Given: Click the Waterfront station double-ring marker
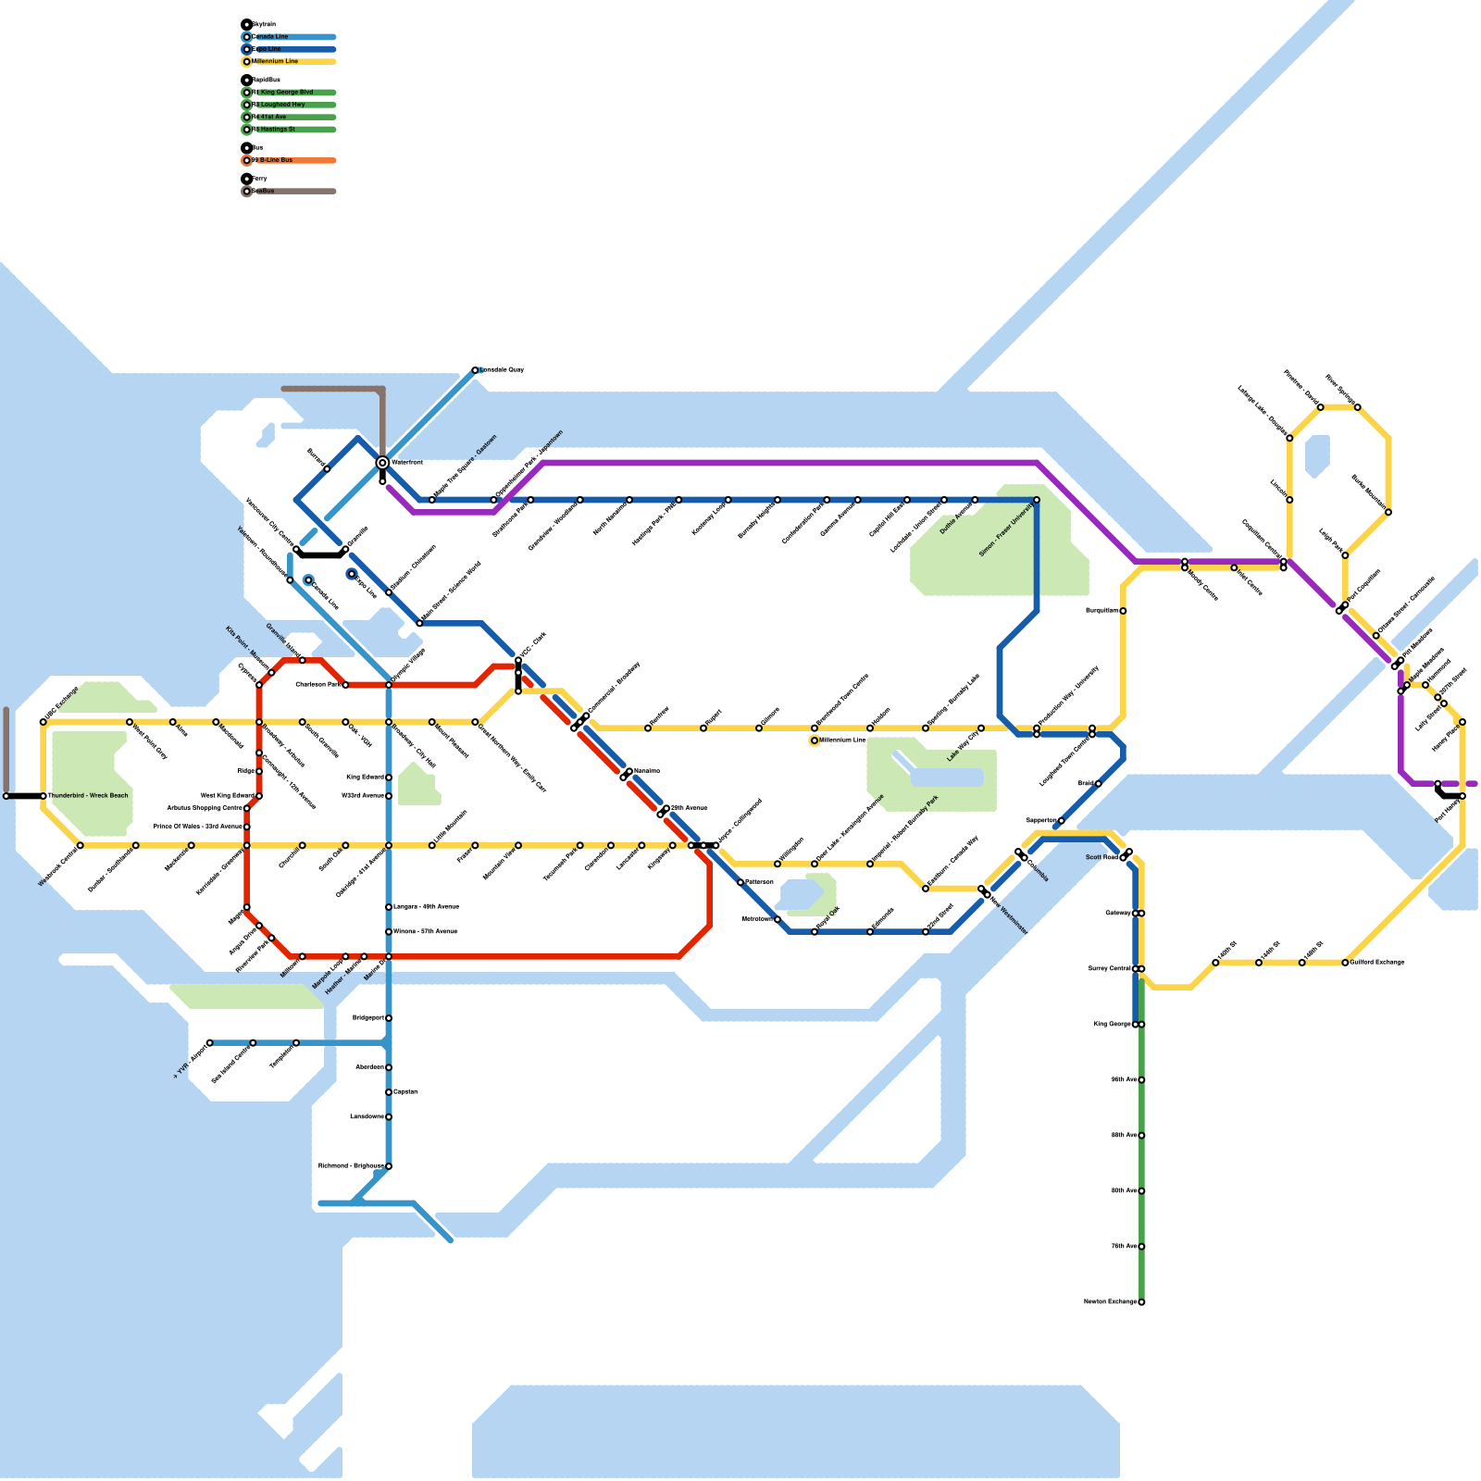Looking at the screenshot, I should tap(382, 463).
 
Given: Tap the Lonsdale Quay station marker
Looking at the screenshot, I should tap(475, 370).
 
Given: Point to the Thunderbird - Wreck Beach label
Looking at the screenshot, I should tap(88, 796).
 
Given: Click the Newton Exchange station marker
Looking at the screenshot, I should tap(1141, 1302).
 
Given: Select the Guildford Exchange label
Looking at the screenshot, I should tap(1377, 963).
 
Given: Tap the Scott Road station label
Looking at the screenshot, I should tap(1101, 858).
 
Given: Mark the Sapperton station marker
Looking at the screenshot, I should tap(1061, 821).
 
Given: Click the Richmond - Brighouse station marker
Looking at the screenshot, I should tap(389, 1166).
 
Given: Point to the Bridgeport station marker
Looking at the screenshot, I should tap(389, 1018).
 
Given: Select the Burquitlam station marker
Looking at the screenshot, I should tap(1123, 611).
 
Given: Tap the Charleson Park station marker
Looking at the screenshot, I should tap(345, 685).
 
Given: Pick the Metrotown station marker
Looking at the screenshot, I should tap(778, 919).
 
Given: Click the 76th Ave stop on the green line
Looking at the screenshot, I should tap(1141, 1247).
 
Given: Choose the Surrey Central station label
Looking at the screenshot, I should tap(1110, 969).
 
